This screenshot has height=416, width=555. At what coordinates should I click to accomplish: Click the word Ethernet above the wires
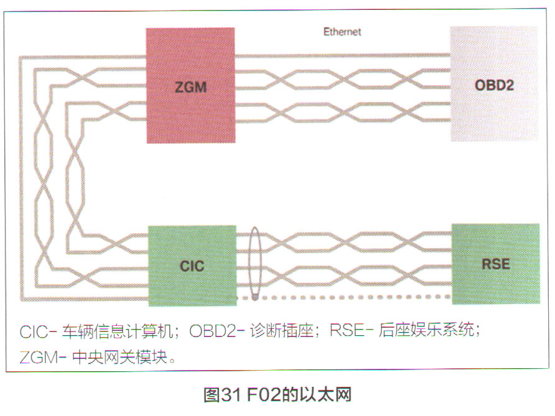(342, 31)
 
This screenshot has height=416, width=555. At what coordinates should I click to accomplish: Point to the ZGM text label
(190, 88)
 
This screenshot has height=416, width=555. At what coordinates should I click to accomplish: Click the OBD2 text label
(494, 85)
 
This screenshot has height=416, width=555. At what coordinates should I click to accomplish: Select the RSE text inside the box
(495, 264)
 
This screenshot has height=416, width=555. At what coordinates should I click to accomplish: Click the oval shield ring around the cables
(254, 264)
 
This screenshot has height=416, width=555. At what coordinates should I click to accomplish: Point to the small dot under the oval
(254, 298)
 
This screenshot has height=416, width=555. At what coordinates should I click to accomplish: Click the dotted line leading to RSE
(355, 298)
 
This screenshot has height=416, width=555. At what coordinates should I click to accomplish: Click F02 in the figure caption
(262, 394)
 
